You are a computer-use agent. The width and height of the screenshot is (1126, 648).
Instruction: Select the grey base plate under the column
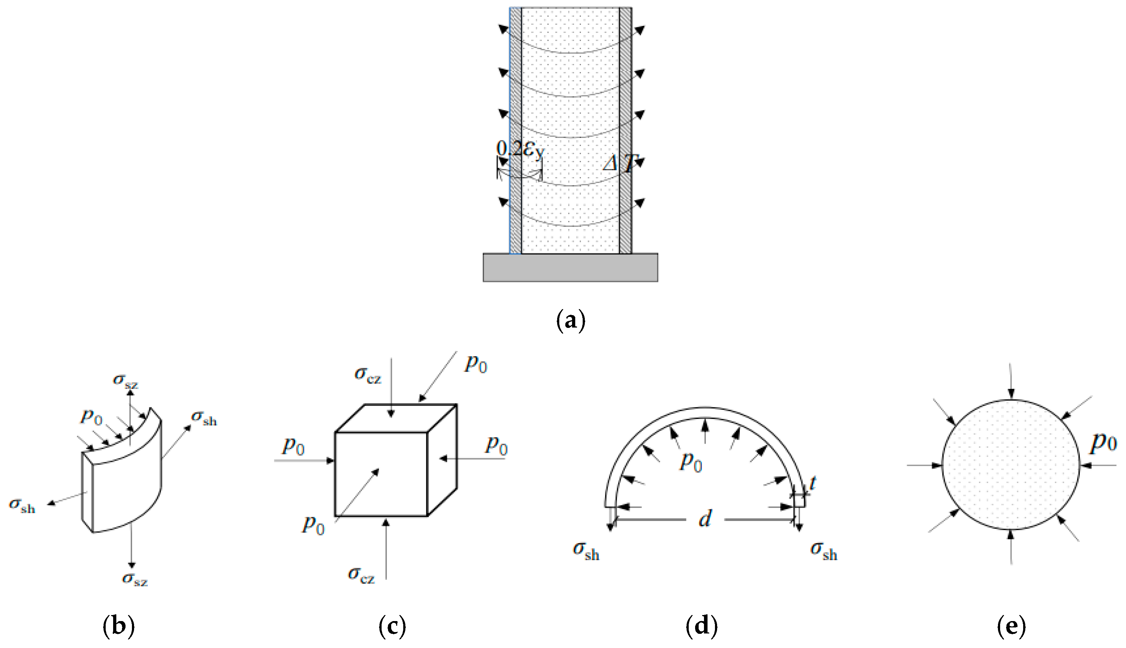(570, 268)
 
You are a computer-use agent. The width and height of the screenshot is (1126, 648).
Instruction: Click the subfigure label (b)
(118, 627)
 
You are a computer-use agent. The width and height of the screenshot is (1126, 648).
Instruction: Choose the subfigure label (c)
(392, 627)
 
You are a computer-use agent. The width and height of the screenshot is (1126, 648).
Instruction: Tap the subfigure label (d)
(702, 627)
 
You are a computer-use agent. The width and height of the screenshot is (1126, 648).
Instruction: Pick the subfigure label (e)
(1011, 627)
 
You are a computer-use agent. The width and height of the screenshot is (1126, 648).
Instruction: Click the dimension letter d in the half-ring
(705, 519)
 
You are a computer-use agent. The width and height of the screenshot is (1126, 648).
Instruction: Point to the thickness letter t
(812, 483)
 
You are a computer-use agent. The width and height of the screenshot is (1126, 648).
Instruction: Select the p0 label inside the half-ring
(690, 462)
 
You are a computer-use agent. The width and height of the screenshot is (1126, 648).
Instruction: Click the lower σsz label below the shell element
(135, 579)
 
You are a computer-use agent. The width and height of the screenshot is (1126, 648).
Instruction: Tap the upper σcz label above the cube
(367, 375)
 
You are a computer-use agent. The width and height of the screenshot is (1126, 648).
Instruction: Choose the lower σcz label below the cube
(361, 575)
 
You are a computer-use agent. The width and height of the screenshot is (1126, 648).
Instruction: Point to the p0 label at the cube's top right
(476, 364)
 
